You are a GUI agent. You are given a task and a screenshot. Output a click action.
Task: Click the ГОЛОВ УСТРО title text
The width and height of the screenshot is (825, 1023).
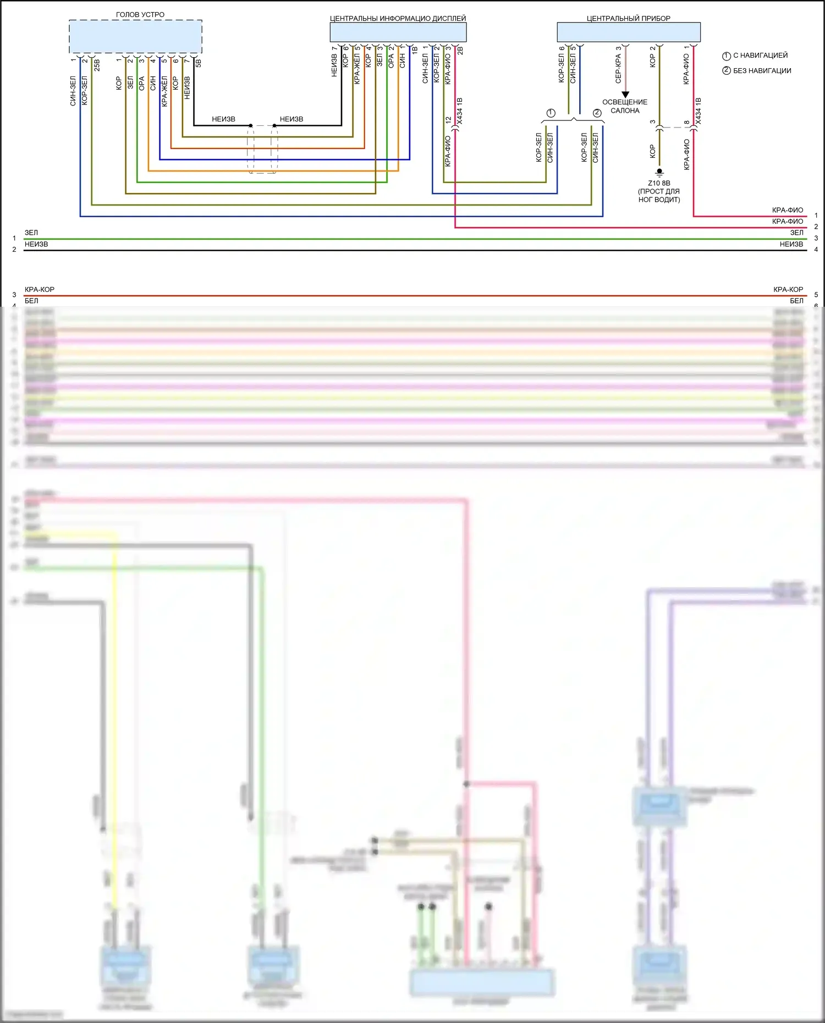click(x=140, y=14)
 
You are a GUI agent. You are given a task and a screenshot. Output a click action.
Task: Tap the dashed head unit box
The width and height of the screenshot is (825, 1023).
click(x=135, y=37)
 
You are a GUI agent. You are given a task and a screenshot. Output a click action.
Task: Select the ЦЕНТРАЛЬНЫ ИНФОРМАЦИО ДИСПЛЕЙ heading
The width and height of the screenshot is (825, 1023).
click(x=398, y=18)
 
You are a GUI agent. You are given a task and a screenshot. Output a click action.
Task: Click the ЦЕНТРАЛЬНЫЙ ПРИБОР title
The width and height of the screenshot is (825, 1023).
click(x=628, y=18)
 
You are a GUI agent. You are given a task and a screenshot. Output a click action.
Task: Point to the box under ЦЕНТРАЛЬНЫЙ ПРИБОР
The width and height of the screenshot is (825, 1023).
click(x=628, y=32)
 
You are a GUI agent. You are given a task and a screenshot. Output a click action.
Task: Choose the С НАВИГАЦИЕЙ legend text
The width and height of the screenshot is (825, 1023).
click(x=760, y=56)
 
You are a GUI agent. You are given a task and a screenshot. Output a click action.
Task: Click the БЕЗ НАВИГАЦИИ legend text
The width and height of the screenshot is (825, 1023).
click(x=762, y=71)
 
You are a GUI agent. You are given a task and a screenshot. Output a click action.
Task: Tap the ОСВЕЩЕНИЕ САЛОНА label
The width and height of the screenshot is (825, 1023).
click(x=625, y=106)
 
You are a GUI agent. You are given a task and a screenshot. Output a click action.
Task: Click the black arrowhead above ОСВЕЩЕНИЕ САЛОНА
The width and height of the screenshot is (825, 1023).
click(x=625, y=95)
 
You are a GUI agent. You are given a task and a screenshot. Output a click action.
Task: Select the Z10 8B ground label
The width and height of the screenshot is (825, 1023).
click(x=659, y=183)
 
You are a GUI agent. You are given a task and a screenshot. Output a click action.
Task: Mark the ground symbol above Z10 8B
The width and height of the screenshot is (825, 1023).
click(x=659, y=172)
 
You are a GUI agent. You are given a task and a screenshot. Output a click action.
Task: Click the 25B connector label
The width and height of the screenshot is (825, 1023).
click(x=97, y=65)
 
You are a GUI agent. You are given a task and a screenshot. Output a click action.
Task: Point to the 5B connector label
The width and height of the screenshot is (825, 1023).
click(x=199, y=63)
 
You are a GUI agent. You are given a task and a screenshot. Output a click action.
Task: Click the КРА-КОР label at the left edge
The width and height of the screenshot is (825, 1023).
click(x=40, y=289)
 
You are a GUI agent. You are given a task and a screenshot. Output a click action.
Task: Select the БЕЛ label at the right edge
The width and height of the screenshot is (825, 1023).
click(x=796, y=301)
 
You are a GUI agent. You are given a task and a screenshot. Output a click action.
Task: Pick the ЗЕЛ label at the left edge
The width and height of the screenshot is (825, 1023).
click(x=31, y=233)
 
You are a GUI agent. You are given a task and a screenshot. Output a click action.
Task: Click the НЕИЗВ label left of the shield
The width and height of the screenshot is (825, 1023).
click(x=223, y=119)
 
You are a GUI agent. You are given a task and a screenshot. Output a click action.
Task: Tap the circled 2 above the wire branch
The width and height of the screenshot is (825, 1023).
click(x=597, y=113)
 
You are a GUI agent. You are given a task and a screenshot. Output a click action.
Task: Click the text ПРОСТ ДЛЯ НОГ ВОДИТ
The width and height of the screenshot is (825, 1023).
click(x=659, y=195)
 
